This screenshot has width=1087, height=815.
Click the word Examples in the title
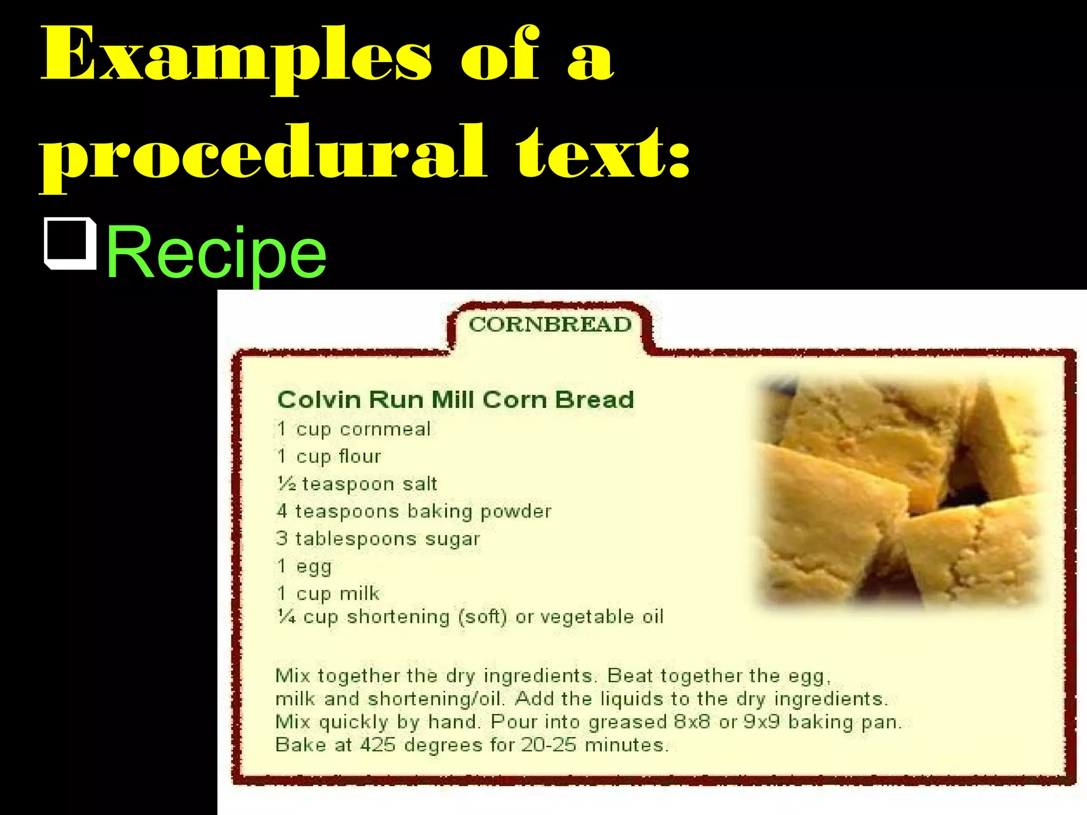click(236, 56)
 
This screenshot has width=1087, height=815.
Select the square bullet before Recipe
click(70, 244)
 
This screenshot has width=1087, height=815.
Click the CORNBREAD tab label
click(550, 324)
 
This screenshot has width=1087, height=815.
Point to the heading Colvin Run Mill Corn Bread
click(455, 400)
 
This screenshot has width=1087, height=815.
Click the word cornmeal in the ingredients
click(385, 429)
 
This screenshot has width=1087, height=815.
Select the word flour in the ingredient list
click(360, 456)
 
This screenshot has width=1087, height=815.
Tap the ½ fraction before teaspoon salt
click(287, 483)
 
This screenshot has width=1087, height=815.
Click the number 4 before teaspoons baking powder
click(282, 511)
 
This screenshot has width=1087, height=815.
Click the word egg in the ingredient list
click(314, 567)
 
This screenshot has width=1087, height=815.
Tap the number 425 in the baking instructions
click(378, 745)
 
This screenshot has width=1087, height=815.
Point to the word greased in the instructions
click(627, 723)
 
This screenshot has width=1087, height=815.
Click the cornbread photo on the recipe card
click(900, 491)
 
